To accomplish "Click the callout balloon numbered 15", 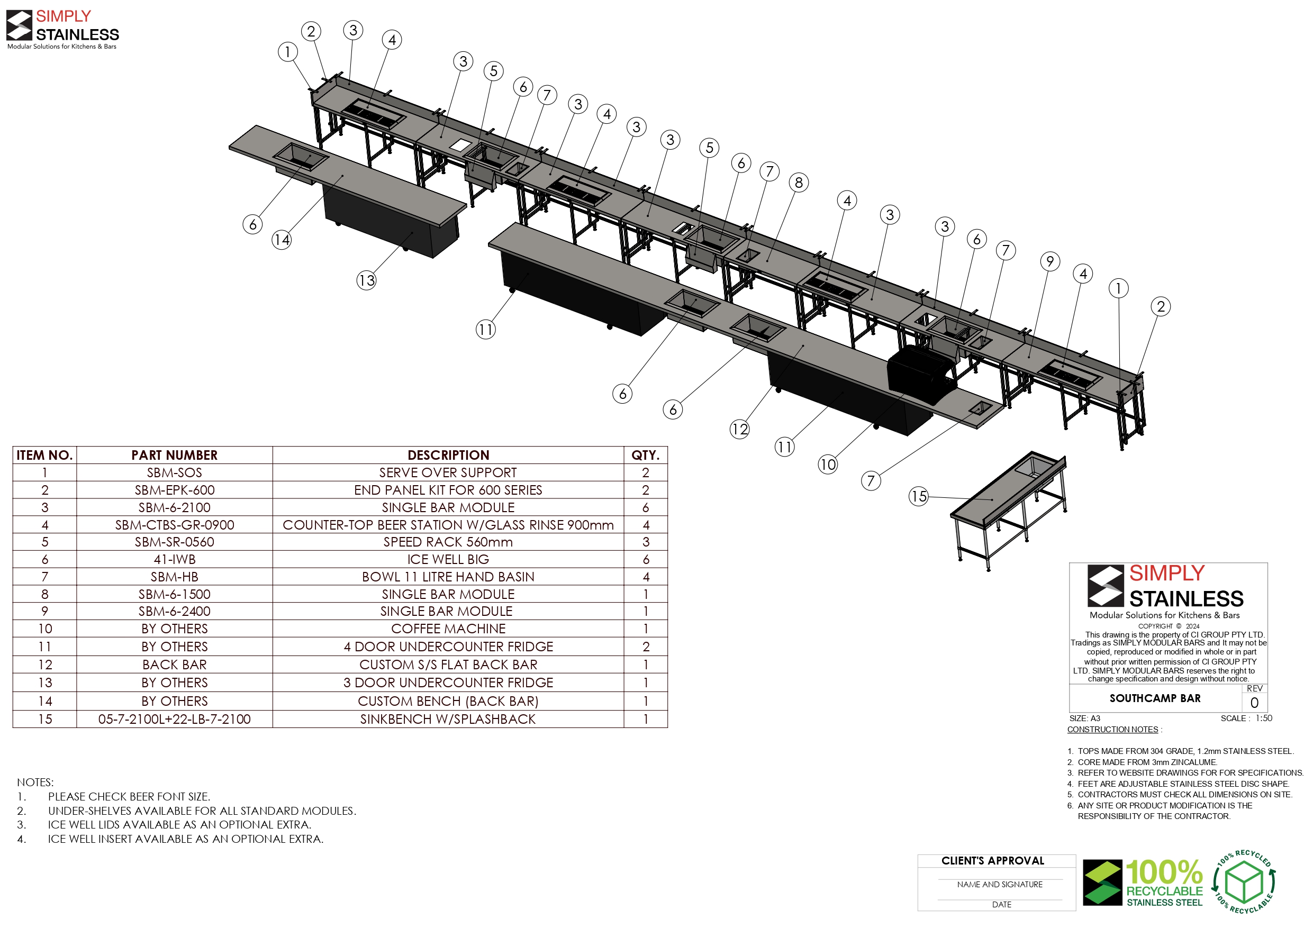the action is point(918,496).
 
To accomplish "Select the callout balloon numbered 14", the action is point(282,239).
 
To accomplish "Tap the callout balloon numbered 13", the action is point(367,280).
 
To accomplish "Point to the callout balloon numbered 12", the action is point(739,429).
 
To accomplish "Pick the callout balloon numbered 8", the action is point(799,183).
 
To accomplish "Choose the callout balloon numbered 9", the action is point(1050,261).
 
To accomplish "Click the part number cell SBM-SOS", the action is point(175,473).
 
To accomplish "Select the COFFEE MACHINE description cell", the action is point(448,629).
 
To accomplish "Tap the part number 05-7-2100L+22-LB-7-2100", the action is point(175,720).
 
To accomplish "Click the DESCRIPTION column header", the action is point(448,455).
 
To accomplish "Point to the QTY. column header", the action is point(646,455).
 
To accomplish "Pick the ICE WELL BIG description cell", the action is point(448,559).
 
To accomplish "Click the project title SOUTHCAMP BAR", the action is point(1155,698).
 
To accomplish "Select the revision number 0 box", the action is point(1255,703).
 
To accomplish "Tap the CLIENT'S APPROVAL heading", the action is point(993,860).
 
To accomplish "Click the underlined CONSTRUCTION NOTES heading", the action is point(1113,730).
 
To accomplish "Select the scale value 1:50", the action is point(1264,718).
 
